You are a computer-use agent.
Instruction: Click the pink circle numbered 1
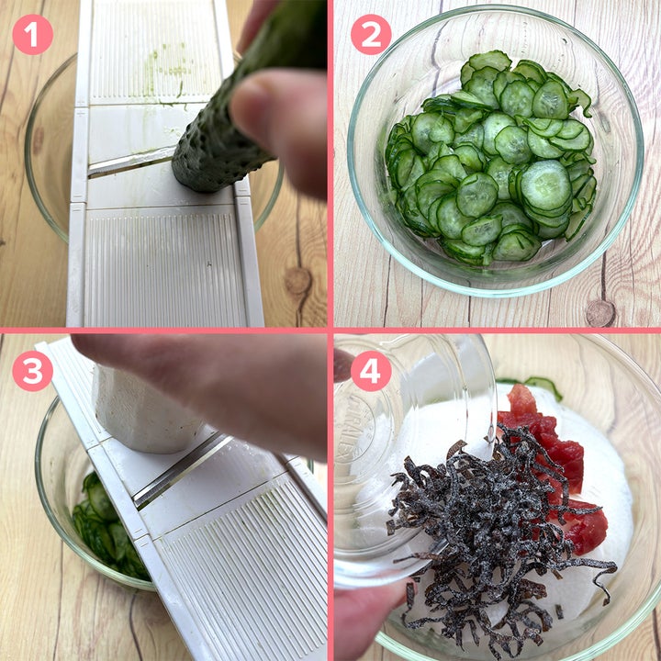coord(32,35)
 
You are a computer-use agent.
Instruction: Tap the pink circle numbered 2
coord(371,35)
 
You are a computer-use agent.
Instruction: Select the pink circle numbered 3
coord(32,371)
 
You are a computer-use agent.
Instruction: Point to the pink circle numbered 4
coord(371,371)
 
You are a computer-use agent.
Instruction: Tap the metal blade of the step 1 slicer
coord(130,162)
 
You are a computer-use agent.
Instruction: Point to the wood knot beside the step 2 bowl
coord(600,313)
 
